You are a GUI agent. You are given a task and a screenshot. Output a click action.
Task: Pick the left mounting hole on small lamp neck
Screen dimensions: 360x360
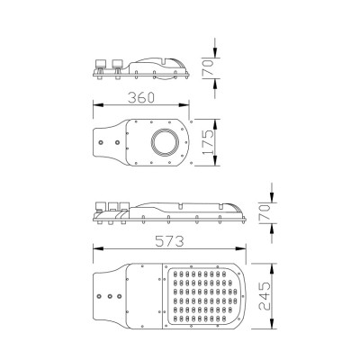[103, 142]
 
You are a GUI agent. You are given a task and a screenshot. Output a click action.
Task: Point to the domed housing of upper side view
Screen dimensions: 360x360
[162, 65]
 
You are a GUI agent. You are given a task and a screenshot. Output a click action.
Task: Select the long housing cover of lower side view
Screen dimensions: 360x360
[189, 209]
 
